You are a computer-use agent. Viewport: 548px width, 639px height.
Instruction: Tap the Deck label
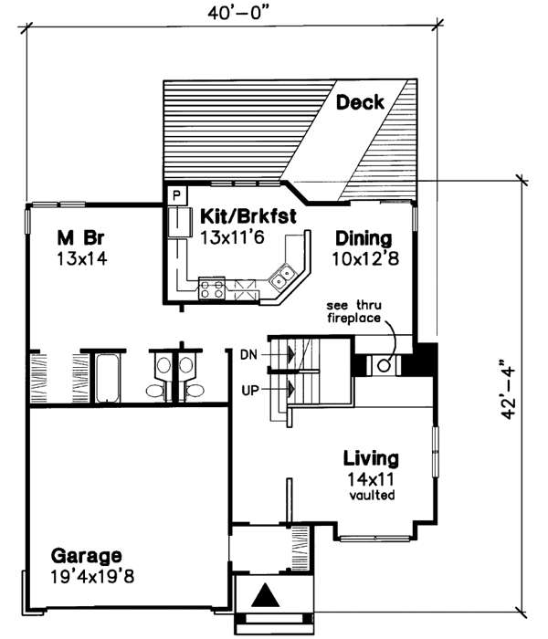(360, 102)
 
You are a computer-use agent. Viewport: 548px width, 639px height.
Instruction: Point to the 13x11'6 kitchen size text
(232, 236)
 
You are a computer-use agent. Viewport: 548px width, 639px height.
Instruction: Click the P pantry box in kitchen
(176, 195)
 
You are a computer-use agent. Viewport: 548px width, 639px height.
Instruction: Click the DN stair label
(250, 353)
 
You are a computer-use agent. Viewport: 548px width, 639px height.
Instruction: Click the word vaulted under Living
(371, 497)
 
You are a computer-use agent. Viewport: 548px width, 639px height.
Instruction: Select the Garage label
(86, 556)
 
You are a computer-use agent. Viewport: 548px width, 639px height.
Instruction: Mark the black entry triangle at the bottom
(266, 596)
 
